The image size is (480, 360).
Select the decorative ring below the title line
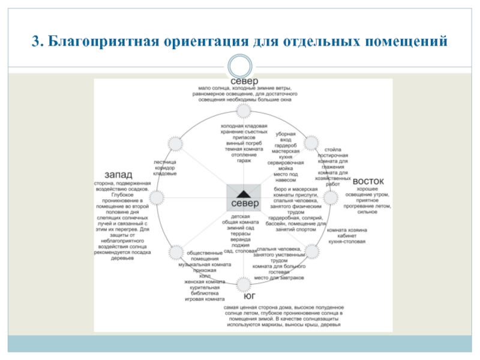point(242,65)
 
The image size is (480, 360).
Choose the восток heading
point(368,181)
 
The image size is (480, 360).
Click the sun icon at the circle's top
point(242,111)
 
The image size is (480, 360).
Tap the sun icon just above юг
point(244,283)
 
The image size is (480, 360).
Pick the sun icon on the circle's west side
point(157,197)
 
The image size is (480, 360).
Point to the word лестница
point(165,161)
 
